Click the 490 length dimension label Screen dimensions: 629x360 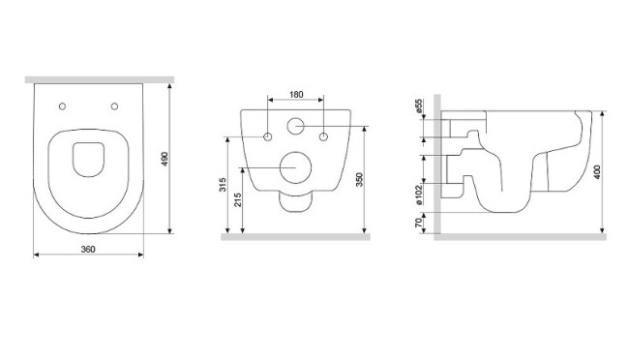[165, 160]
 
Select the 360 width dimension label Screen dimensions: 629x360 [88, 250]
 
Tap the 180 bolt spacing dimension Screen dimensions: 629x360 [296, 95]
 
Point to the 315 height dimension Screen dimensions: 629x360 [223, 184]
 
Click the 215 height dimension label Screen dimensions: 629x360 [237, 199]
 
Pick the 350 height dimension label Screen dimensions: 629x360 [359, 179]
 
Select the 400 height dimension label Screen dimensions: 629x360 [597, 171]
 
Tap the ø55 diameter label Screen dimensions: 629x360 [419, 105]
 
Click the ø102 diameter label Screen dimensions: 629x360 [419, 195]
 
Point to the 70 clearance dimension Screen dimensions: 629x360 [419, 223]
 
